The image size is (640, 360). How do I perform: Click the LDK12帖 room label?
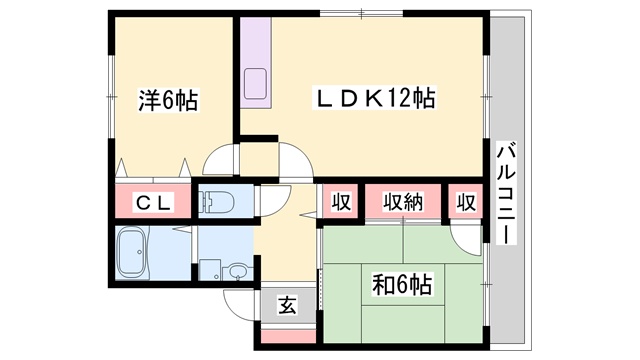point(374,98)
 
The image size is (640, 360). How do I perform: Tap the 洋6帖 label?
point(169,100)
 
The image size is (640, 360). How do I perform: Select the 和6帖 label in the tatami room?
point(402,284)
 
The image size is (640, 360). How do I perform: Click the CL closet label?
point(153,203)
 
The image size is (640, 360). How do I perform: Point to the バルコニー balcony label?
point(507,193)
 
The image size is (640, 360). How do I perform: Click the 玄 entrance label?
point(288,305)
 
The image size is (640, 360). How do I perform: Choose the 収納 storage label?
point(403,202)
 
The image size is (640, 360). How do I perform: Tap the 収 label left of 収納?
point(341,202)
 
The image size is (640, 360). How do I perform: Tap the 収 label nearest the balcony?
point(466,202)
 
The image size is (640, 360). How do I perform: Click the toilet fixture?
point(216,201)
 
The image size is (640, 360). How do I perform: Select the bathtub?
point(131,253)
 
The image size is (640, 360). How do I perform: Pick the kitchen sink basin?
point(256,83)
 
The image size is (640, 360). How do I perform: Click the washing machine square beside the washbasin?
point(210,270)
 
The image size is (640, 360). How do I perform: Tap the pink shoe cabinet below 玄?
point(288,336)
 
